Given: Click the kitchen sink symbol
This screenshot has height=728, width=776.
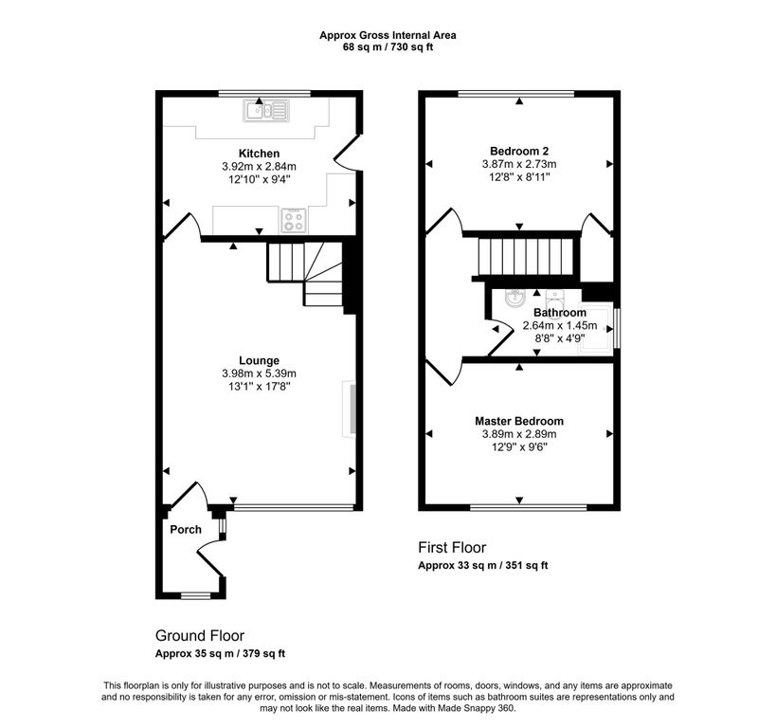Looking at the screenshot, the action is pos(266,111).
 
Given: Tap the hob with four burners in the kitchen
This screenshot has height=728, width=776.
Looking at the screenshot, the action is pos(294,220).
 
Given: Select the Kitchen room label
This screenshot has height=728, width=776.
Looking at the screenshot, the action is pos(259,154).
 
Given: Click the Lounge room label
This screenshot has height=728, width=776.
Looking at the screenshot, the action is pos(259,360).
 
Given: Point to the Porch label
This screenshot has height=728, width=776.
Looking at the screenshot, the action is pos(186,529).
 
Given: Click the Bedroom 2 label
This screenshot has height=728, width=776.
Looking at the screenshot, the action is pos(519,151).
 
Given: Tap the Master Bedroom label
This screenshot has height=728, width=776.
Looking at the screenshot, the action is pos(519,421).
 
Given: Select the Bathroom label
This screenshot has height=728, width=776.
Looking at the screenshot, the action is pos(560,313).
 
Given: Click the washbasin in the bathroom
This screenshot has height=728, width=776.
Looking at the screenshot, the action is pos(514,299).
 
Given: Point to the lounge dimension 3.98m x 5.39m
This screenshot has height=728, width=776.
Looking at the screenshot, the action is pos(259,373).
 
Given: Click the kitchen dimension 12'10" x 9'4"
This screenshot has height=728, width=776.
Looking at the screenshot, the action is pos(259,179).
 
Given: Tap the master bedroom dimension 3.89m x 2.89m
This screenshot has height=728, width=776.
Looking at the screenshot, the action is pos(519,434).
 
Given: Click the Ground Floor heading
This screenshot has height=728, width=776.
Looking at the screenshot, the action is pos(200,635).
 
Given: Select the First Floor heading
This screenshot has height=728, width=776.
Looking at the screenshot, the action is pos(452,547).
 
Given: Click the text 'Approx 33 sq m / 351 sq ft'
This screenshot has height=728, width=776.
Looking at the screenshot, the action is pos(483,565).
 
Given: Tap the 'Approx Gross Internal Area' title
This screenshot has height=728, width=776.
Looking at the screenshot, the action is pos(388,35).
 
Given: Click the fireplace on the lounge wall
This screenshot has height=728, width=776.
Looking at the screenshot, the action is pos(350,409).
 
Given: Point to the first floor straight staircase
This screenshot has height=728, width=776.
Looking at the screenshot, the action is pos(526,256).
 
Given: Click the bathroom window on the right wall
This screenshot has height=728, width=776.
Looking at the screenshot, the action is pos(616,328).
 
